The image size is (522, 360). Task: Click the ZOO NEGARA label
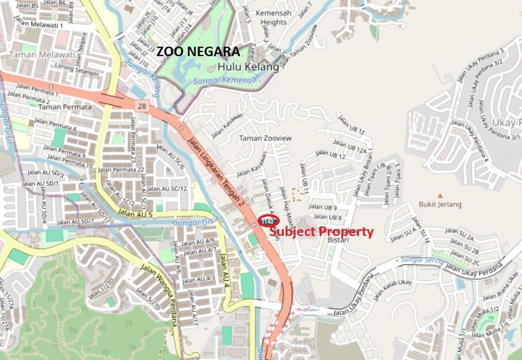pyautogui.click(x=198, y=51)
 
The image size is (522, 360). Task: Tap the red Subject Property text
pyautogui.click(x=321, y=232)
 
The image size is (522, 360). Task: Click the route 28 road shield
pyautogui.click(x=142, y=105)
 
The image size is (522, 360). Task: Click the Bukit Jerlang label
pyautogui.click(x=440, y=204)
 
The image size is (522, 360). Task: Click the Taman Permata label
pyautogui.click(x=64, y=106)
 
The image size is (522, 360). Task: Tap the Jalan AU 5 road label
pyautogui.click(x=135, y=213)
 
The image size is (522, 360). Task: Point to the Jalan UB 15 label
pyautogui.click(x=350, y=126)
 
